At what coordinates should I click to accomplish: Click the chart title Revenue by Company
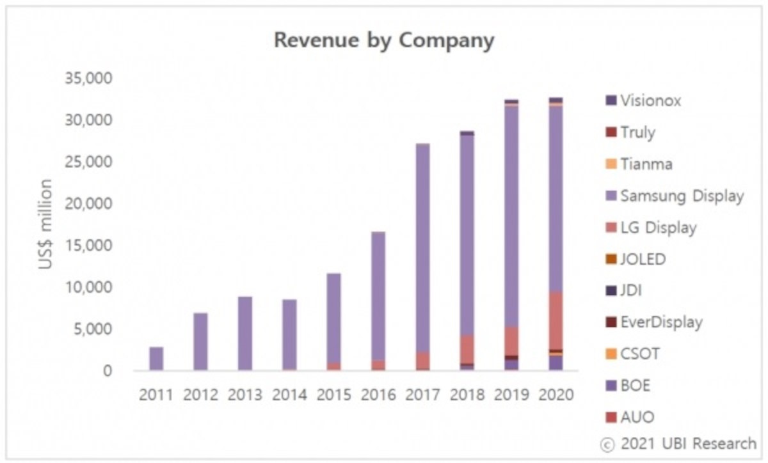click(x=384, y=40)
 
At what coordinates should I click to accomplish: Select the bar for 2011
click(x=156, y=359)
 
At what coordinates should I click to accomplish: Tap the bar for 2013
click(x=244, y=334)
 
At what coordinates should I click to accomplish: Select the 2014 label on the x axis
click(x=289, y=395)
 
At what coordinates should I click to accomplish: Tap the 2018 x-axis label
click(x=467, y=395)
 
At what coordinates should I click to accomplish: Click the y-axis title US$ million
click(x=46, y=224)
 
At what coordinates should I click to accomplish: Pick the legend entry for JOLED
click(x=643, y=259)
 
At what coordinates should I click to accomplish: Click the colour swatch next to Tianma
click(x=611, y=164)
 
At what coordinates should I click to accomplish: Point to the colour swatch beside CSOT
click(x=611, y=354)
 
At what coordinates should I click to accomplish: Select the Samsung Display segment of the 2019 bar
click(x=511, y=217)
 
